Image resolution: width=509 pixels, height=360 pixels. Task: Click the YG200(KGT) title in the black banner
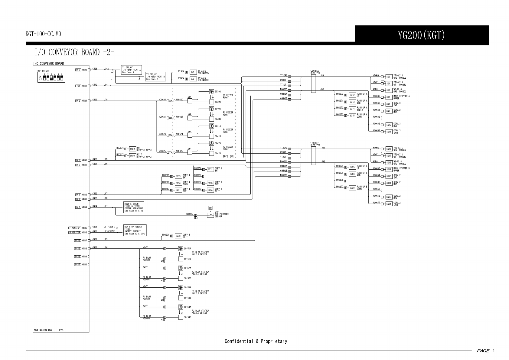[421, 36]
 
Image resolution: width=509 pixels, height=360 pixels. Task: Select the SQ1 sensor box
[192, 72]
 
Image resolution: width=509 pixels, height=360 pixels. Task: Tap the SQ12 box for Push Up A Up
[352, 95]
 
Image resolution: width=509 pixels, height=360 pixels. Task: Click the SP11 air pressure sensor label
[221, 214]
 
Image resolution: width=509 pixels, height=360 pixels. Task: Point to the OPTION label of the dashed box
[228, 156]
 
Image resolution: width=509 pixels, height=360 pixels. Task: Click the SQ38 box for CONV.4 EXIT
[178, 236]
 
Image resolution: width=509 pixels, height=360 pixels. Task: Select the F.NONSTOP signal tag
[74, 228]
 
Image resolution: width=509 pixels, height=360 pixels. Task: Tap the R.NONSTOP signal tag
[74, 233]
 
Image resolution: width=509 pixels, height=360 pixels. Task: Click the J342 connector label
[106, 69]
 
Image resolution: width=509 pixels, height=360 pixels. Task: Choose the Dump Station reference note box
[133, 208]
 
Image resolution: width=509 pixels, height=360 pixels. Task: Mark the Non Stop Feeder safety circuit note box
[135, 231]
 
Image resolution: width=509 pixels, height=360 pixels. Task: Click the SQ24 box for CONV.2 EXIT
[389, 204]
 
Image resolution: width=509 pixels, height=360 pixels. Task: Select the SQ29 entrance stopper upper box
[132, 149]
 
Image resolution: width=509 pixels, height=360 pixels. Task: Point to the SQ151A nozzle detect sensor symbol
[181, 249]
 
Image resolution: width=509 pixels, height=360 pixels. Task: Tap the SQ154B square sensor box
[181, 317]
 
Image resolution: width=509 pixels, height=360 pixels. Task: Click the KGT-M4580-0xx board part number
[43, 330]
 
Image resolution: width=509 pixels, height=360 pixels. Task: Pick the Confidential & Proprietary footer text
[256, 341]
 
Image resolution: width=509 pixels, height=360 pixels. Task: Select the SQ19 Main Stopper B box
[389, 169]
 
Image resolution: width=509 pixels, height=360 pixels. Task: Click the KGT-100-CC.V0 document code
[43, 34]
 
